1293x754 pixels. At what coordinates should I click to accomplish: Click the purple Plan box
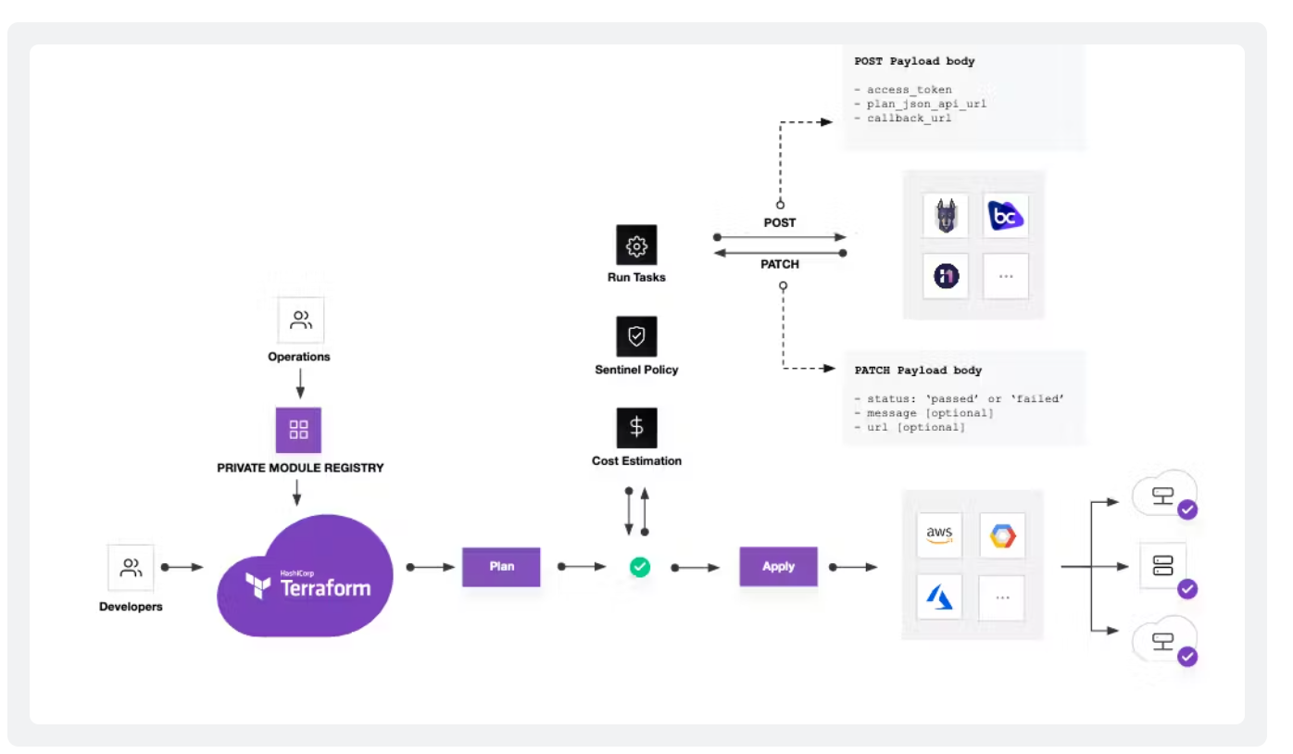click(501, 566)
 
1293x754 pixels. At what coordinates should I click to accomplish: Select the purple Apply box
click(778, 566)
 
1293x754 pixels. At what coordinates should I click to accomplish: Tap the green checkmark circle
click(639, 566)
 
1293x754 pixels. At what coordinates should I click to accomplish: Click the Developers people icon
click(131, 567)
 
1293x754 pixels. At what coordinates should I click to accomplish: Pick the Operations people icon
click(300, 320)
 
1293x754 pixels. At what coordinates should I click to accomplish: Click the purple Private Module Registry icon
click(298, 430)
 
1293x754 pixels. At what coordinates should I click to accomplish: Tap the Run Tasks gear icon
click(636, 245)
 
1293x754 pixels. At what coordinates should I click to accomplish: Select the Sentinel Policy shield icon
click(636, 336)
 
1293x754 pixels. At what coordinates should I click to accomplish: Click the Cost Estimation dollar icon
click(636, 427)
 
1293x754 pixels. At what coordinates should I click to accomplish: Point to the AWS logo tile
click(939, 534)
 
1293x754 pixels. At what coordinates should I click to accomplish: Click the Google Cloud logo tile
click(1002, 534)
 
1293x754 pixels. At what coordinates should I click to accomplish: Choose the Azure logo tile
click(939, 597)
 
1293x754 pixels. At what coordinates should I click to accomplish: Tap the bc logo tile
click(1005, 217)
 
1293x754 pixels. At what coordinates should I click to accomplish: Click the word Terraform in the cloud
click(324, 587)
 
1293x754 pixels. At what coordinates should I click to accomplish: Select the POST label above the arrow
click(779, 222)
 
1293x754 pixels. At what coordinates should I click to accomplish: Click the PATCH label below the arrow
click(779, 264)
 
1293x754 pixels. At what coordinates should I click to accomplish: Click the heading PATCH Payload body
click(917, 370)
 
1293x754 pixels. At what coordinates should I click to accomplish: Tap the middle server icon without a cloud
click(1162, 566)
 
